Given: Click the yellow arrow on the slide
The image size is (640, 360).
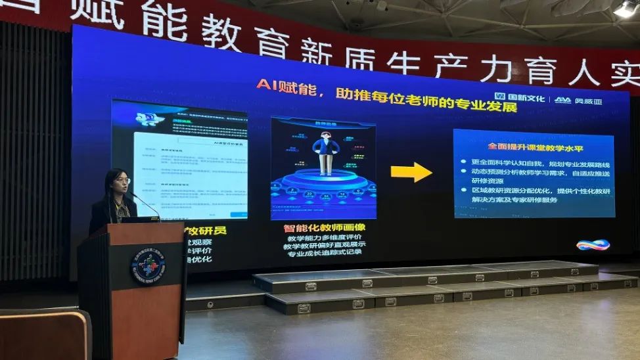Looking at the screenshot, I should coord(411,172).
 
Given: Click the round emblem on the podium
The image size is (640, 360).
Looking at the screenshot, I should coord(147,265).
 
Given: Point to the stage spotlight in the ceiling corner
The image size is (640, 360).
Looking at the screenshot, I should coord(625,9).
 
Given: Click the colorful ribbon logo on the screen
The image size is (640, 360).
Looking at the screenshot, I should coord(593,245).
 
